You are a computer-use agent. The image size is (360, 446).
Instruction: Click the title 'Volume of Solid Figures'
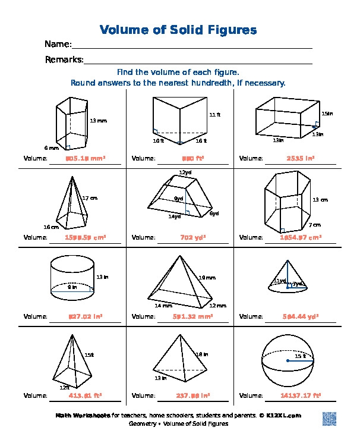178,30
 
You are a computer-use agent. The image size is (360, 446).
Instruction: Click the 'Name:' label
58,45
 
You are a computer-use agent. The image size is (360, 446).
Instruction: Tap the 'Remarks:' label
64,59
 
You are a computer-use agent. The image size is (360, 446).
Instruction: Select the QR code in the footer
330,418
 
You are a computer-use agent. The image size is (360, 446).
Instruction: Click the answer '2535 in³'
300,159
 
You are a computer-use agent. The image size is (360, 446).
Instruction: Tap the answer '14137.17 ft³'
300,395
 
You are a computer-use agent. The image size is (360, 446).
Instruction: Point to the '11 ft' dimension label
214,115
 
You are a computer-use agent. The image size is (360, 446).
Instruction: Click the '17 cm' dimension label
89,198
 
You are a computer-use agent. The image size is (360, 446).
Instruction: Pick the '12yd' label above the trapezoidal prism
185,172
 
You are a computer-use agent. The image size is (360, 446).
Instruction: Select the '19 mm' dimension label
206,278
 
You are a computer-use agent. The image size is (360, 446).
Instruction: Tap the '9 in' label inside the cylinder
72,287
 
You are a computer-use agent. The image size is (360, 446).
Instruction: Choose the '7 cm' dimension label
314,225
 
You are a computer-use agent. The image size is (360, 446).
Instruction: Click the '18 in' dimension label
202,354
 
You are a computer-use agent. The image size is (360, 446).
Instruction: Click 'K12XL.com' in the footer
283,416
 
